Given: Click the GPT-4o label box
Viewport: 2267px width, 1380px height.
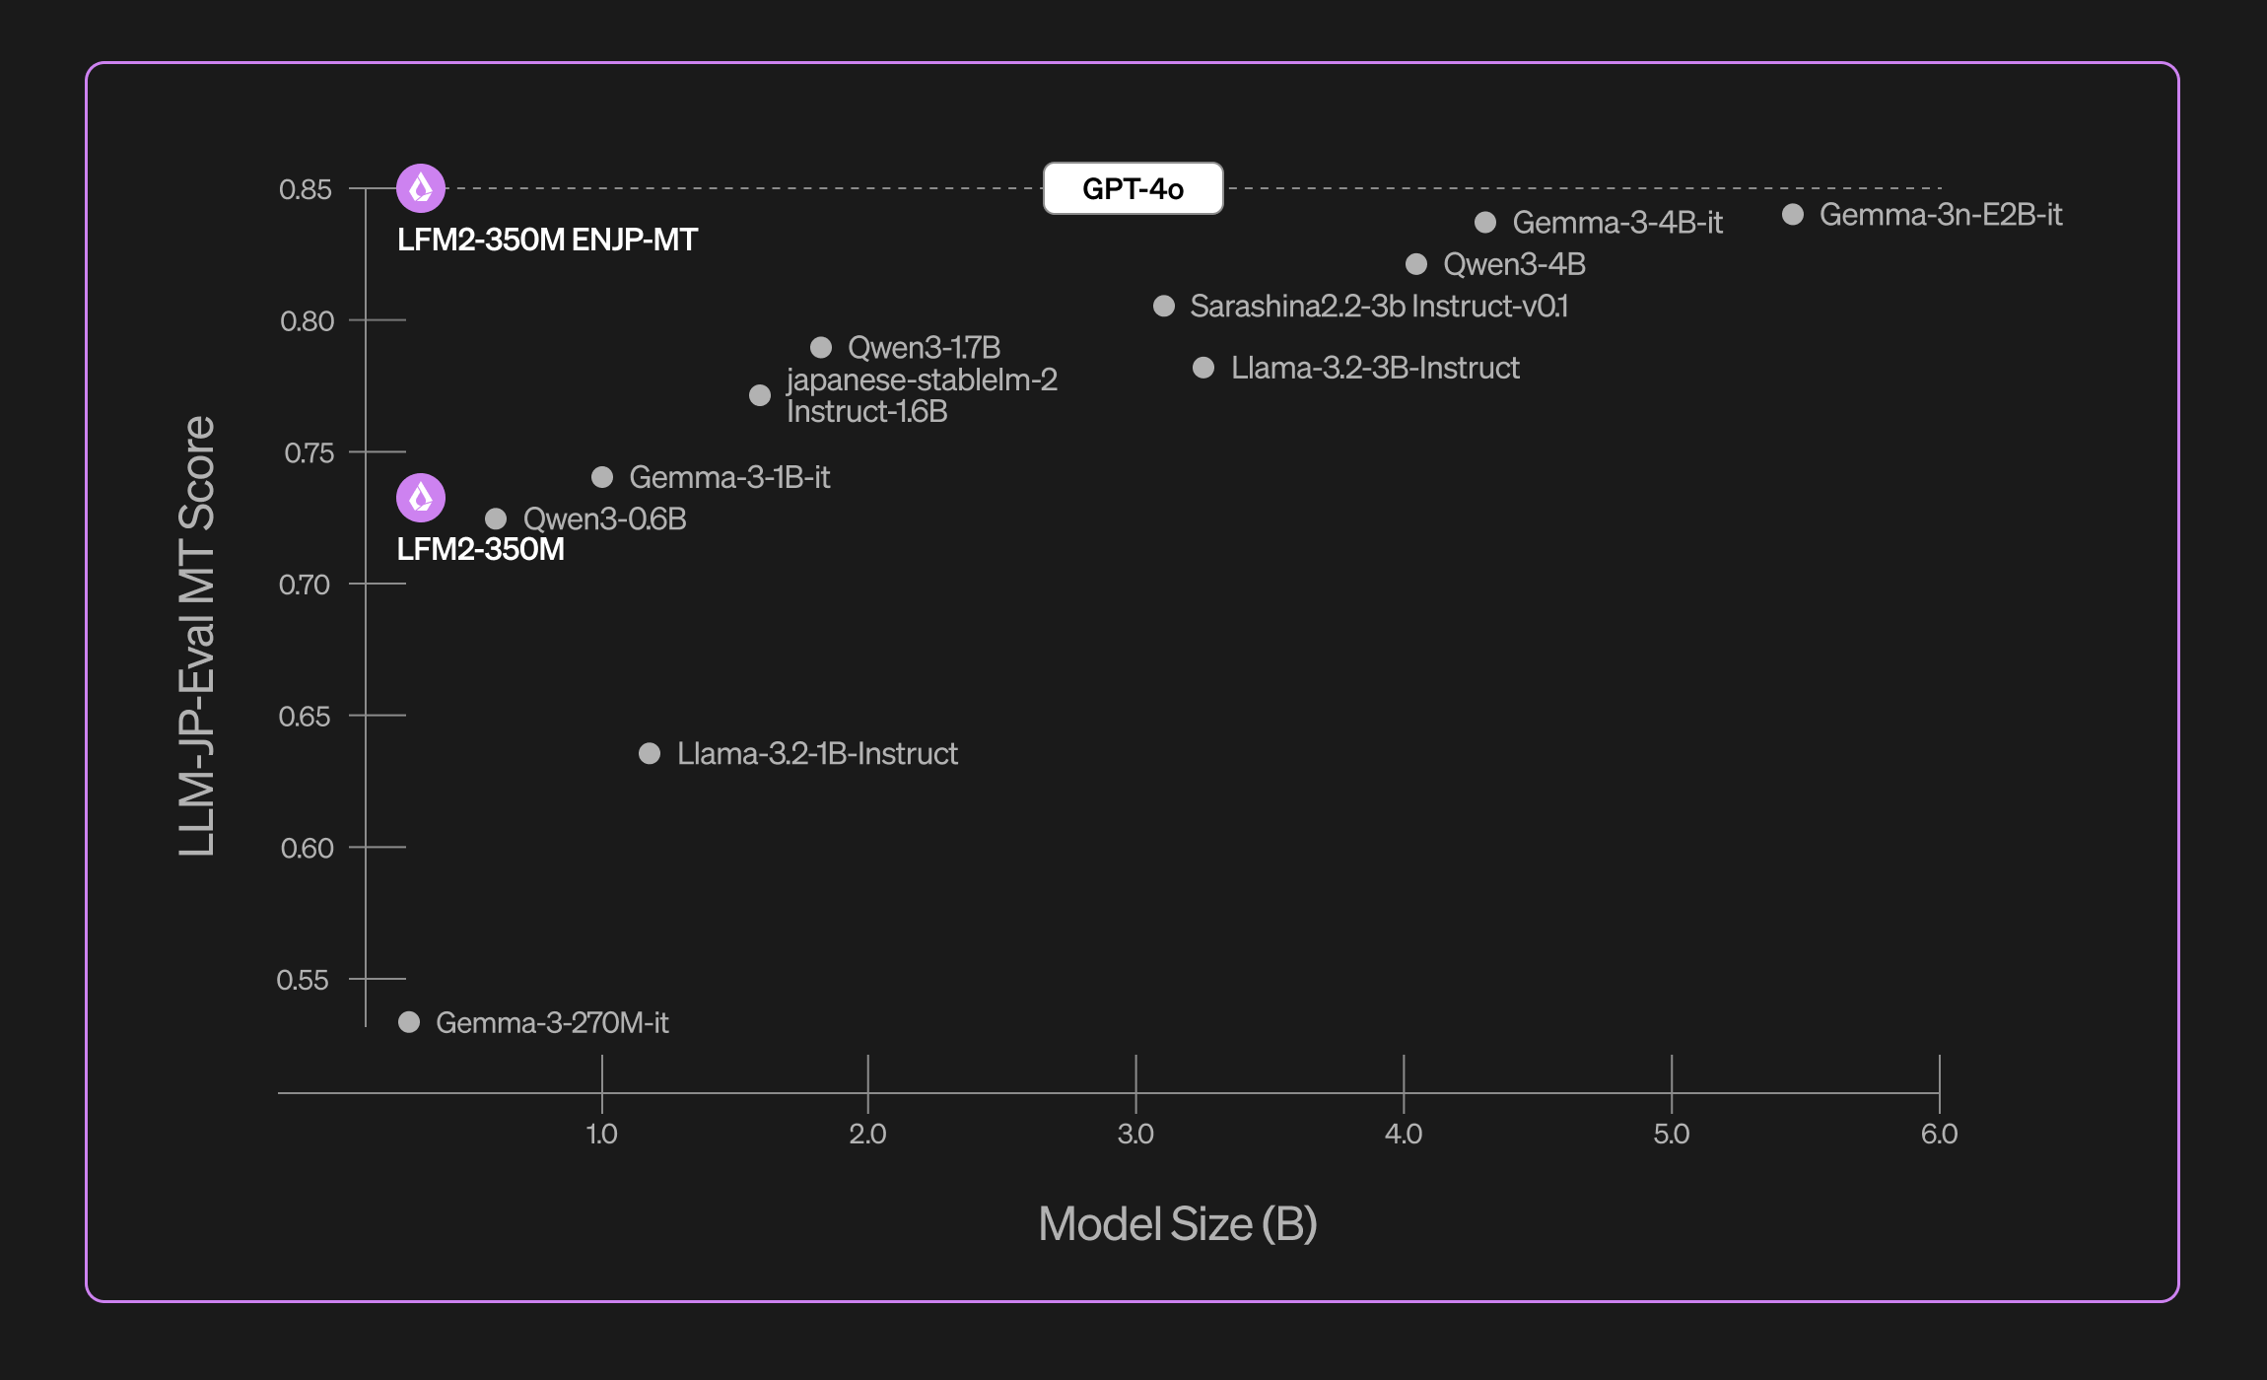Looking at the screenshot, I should pos(1133,188).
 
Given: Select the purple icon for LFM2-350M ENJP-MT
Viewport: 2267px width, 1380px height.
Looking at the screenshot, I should pos(421,188).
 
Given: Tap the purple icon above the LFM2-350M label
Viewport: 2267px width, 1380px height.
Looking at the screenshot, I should pos(421,498).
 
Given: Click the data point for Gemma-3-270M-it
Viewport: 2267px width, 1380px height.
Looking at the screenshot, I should pos(409,1022).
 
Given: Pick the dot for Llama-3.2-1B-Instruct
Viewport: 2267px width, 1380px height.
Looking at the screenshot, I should pos(650,754).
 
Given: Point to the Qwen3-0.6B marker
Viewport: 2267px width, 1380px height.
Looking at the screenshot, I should pos(496,518).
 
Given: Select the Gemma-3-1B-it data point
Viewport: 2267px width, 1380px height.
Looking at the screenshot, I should pos(602,477).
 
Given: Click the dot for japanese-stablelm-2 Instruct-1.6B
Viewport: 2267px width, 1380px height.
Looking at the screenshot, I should pos(760,395).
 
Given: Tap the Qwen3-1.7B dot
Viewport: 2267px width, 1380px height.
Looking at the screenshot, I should pos(821,347).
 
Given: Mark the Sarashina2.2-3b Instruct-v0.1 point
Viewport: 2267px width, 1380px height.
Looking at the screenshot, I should pos(1164,306).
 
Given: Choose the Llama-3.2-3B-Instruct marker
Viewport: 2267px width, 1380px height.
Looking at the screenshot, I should pos(1203,368).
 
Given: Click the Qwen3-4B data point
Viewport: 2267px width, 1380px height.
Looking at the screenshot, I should pos(1416,264).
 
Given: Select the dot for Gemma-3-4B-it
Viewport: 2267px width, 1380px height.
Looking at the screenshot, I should pos(1485,223).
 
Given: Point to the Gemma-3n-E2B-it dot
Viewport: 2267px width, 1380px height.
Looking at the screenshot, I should pos(1793,214).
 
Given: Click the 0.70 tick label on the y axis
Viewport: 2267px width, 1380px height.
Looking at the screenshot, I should pos(305,585).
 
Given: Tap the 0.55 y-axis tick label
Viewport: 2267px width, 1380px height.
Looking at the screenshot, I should pos(303,980).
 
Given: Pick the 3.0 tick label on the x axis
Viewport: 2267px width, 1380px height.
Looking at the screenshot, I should pos(1135,1134).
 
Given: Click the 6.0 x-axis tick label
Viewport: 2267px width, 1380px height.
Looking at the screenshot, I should pos(1939,1134).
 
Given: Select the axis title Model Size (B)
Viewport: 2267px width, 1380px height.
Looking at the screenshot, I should pos(1178,1224).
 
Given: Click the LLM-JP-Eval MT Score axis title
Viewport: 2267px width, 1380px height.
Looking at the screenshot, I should pos(197,636).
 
